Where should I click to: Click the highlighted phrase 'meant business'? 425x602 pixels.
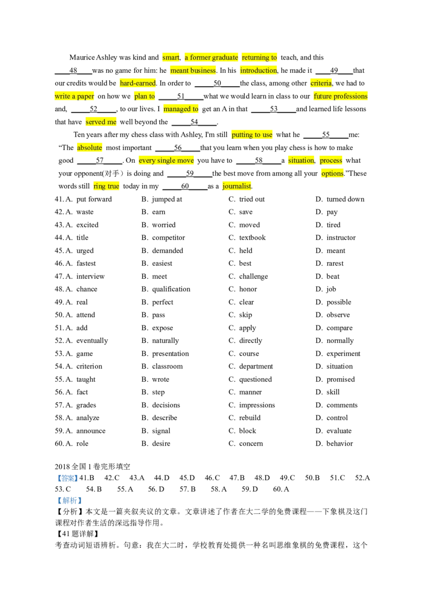(x=193, y=70)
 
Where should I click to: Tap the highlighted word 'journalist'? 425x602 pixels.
(x=236, y=186)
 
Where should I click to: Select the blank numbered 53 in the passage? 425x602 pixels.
(x=274, y=109)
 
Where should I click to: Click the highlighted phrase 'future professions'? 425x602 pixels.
(x=340, y=96)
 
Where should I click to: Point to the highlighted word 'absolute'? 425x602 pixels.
(x=89, y=147)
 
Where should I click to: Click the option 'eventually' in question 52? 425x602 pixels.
(x=92, y=340)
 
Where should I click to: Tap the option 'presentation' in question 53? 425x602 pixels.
(x=171, y=354)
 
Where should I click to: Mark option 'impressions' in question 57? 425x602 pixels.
(x=257, y=405)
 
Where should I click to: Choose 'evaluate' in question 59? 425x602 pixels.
(x=339, y=431)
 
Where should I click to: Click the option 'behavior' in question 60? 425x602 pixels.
(x=339, y=444)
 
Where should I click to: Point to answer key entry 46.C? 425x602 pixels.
(x=212, y=478)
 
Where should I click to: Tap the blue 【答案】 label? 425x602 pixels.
(x=67, y=478)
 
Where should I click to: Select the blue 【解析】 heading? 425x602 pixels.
(x=70, y=500)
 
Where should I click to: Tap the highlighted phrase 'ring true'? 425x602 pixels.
(x=106, y=186)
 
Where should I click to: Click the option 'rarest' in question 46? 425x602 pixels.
(x=335, y=263)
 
